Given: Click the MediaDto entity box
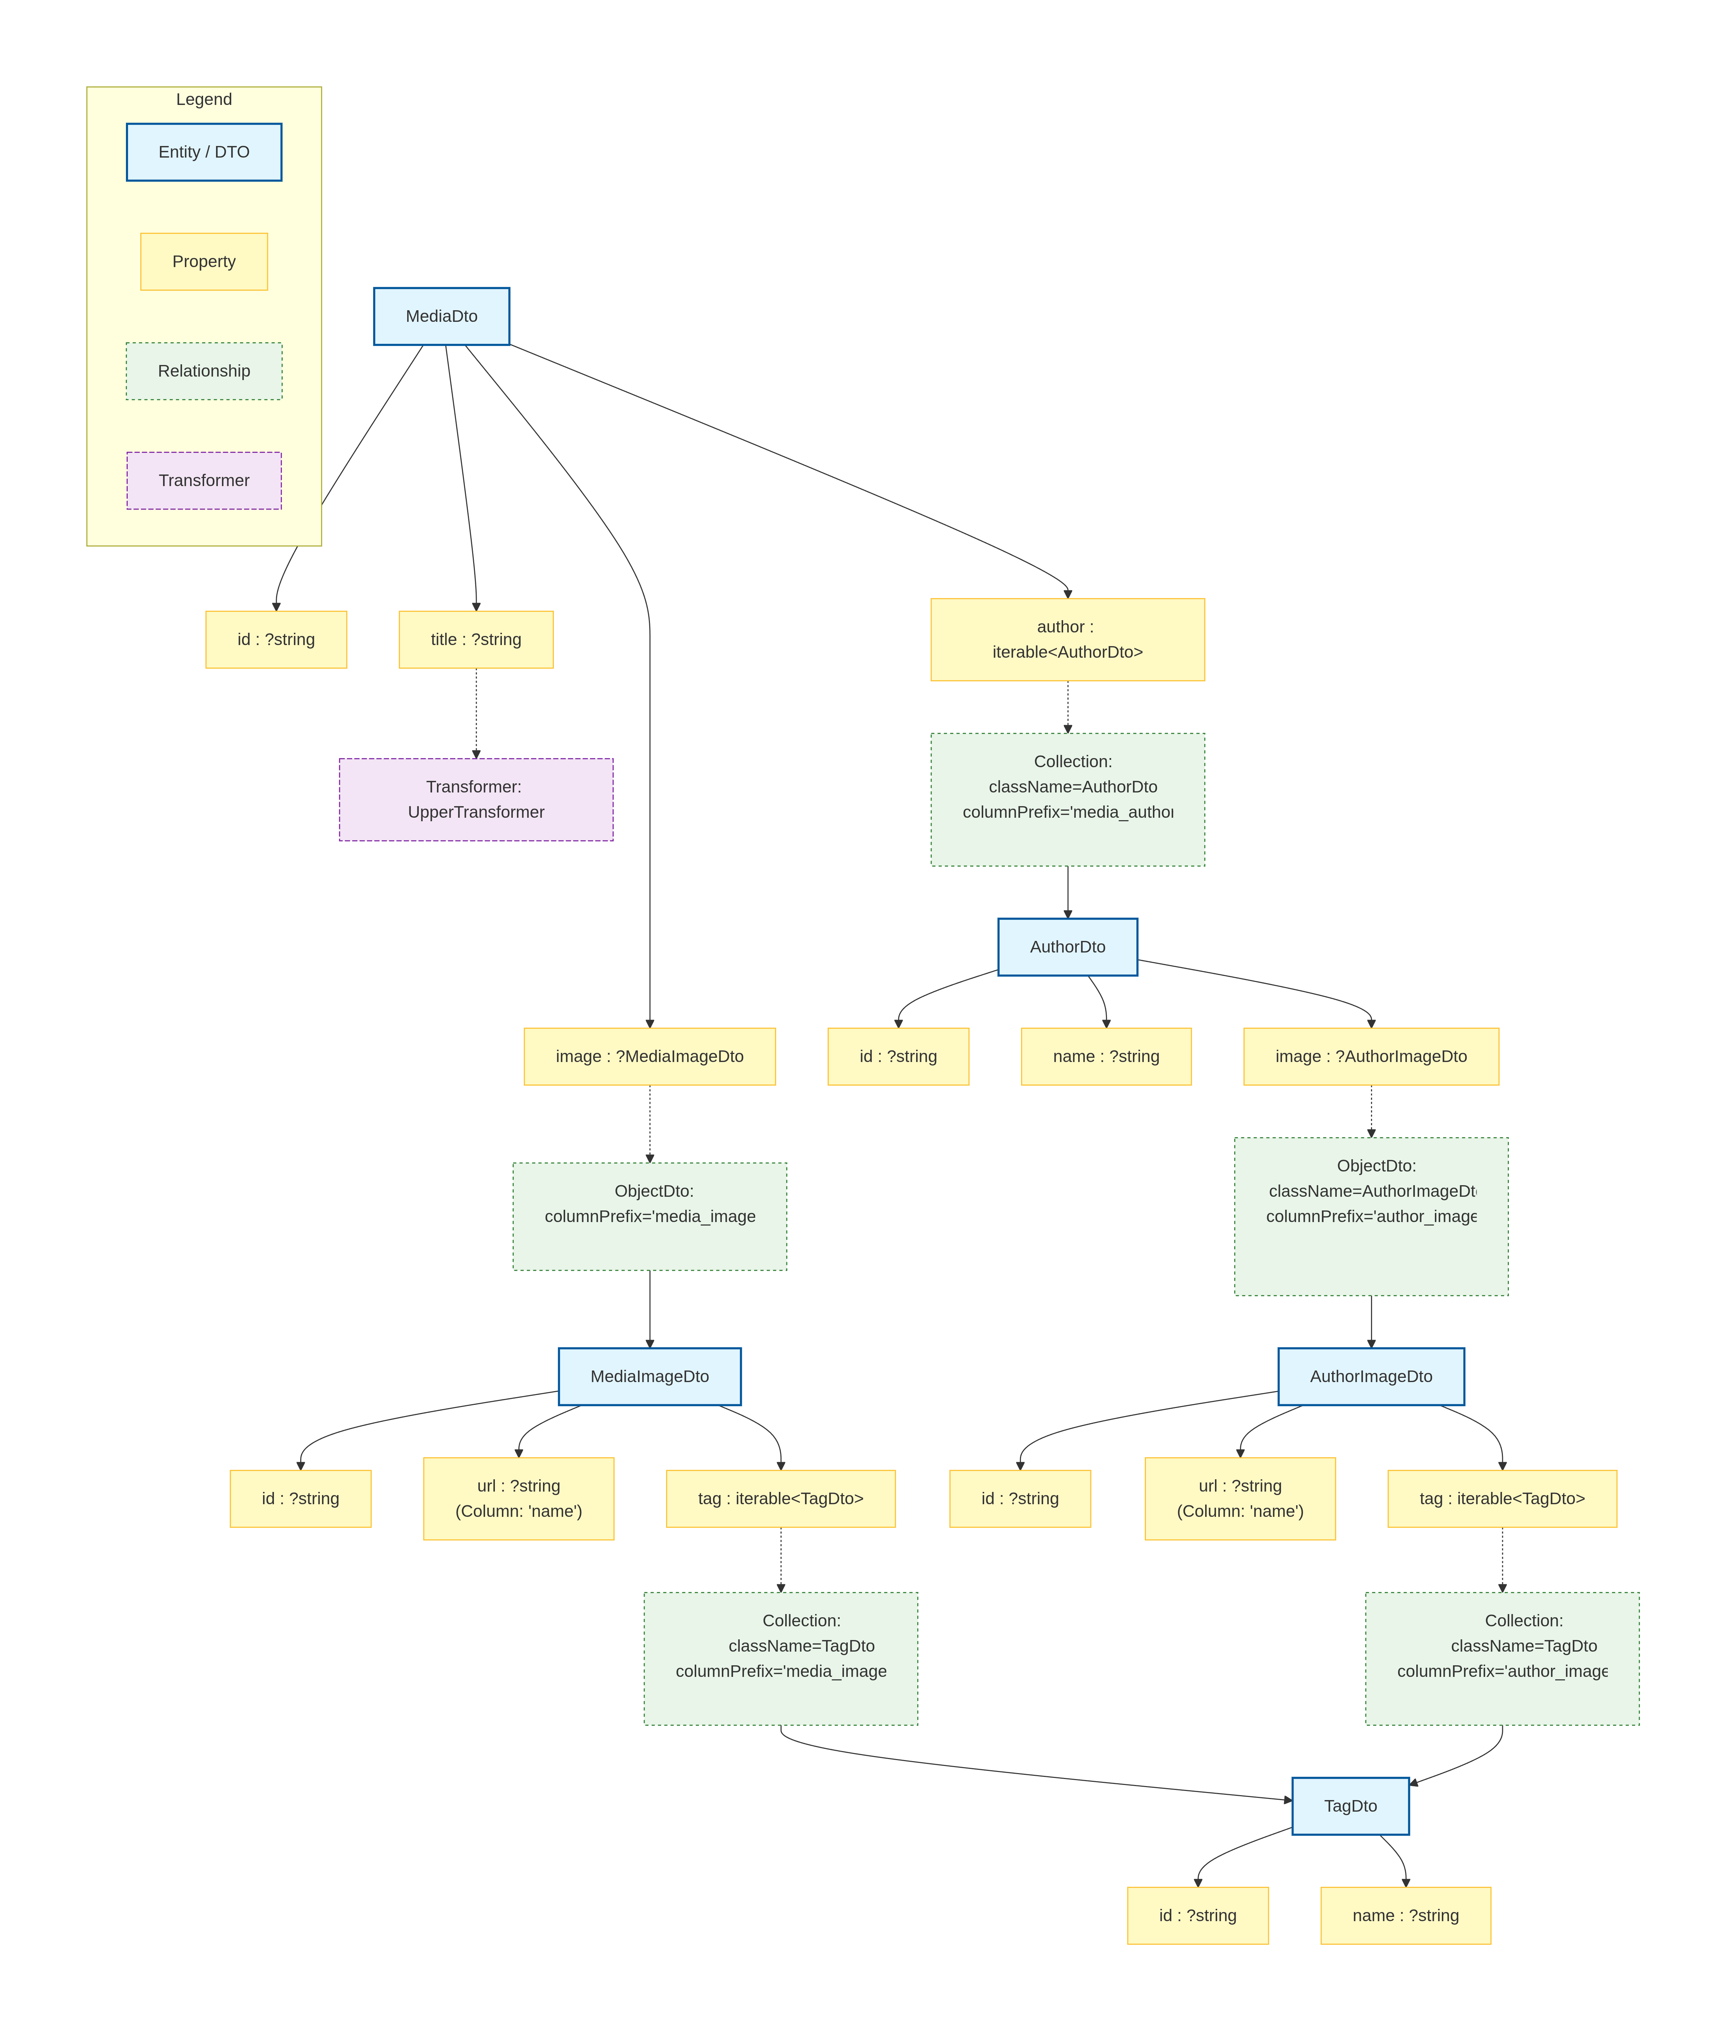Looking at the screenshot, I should click(441, 316).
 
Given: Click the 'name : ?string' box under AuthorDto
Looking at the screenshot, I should click(1106, 1056).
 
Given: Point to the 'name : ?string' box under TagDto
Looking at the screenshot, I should click(1405, 1916).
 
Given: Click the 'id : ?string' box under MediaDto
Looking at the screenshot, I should click(276, 639).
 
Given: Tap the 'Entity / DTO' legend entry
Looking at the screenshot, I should click(203, 152).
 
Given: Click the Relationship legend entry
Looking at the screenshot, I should click(203, 371).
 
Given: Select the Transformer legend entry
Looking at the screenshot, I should click(203, 480).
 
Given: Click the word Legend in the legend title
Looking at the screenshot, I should click(203, 99).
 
